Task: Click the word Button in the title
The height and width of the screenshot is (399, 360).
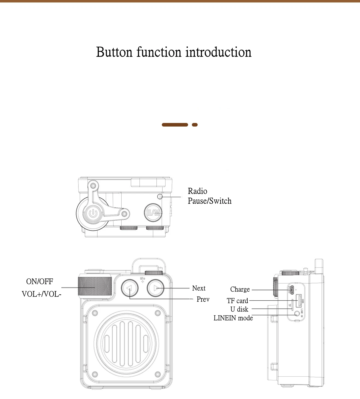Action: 114,52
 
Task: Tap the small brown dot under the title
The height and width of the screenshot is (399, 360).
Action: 195,125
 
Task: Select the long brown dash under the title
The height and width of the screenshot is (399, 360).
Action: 175,125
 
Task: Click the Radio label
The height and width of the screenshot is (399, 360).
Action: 197,191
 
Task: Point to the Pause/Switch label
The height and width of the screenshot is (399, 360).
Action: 209,201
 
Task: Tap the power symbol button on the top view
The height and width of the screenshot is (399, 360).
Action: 93,213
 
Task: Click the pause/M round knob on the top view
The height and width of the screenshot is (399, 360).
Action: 153,213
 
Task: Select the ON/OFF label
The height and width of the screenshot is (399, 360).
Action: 40,281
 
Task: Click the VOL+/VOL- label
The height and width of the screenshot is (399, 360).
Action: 42,294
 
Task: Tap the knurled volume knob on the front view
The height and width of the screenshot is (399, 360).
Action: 95,286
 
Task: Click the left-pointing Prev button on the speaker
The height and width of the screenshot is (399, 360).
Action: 130,288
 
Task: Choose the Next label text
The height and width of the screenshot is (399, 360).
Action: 199,288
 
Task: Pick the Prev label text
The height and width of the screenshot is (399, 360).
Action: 203,299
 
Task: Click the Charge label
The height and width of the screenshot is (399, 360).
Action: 240,289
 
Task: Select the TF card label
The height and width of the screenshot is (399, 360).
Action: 237,301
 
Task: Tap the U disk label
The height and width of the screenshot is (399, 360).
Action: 239,309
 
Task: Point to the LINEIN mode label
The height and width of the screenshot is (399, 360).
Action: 233,318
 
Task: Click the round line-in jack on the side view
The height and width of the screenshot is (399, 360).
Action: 297,314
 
